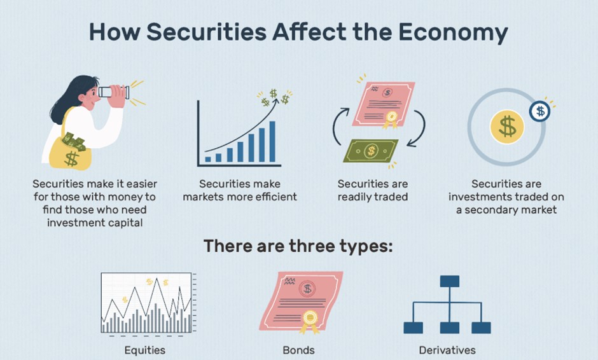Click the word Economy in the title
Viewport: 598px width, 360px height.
tap(453, 33)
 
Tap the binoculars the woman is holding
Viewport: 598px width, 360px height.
tap(115, 92)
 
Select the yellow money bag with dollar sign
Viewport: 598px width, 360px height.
tap(71, 153)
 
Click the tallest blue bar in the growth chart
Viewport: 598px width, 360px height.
tap(272, 141)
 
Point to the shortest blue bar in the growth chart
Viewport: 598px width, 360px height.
tap(208, 160)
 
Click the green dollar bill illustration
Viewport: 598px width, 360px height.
tap(371, 151)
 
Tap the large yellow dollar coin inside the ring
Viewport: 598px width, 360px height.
tap(507, 127)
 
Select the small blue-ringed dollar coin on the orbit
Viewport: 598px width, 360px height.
tap(539, 111)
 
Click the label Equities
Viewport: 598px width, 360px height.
tap(145, 350)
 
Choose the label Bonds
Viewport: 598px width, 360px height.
tap(298, 350)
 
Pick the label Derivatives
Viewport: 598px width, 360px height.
tap(447, 350)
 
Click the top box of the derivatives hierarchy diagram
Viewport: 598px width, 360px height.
tap(450, 281)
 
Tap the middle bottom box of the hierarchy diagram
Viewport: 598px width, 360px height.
tap(450, 328)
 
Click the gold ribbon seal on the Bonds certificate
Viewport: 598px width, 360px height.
tap(310, 321)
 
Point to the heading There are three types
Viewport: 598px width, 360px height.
tap(298, 246)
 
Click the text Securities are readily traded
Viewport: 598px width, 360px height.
tap(373, 190)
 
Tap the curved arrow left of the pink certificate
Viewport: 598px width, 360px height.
tap(340, 126)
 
